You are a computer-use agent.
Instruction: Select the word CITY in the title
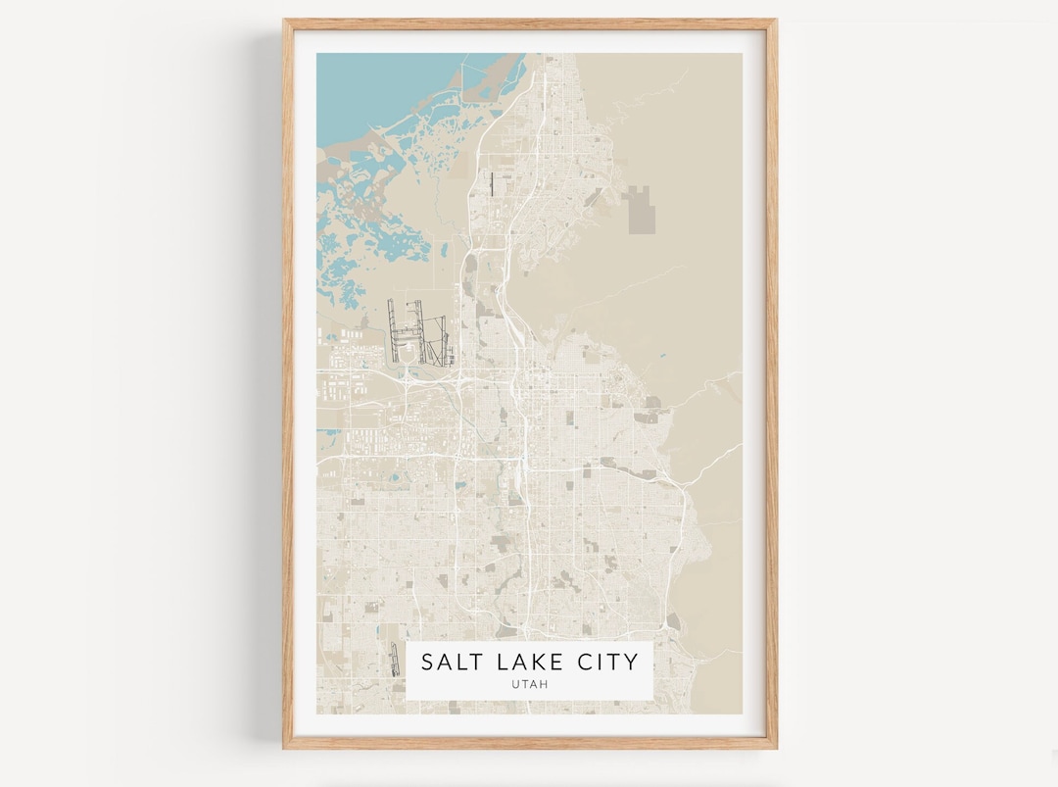click(606, 662)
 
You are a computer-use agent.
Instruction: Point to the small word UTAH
click(529, 684)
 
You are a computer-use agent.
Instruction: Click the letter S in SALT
click(427, 662)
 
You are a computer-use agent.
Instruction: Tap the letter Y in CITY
click(631, 662)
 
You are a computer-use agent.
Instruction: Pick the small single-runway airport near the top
click(490, 183)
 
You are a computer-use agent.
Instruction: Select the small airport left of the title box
click(395, 659)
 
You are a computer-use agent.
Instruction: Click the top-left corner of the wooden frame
click(285, 21)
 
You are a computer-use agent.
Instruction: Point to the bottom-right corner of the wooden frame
click(775, 747)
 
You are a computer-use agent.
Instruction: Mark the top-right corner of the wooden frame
click(775, 21)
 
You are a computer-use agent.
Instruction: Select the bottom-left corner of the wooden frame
click(285, 747)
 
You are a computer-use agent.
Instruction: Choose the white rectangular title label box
click(529, 670)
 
